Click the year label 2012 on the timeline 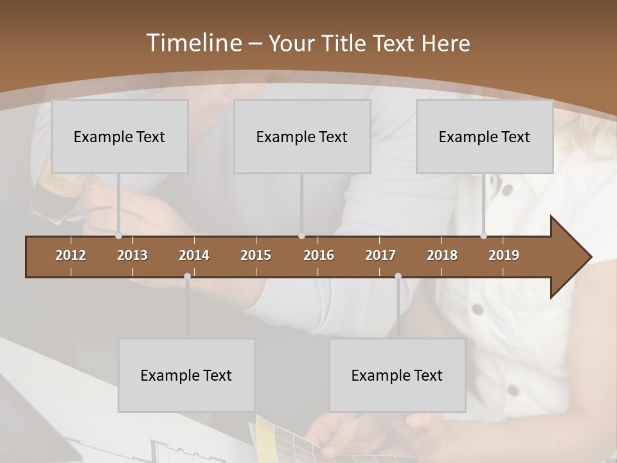click(x=71, y=255)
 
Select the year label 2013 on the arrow click(x=132, y=255)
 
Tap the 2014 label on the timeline click(x=194, y=255)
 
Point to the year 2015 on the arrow click(x=256, y=255)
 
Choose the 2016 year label click(x=319, y=255)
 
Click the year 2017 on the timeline click(x=380, y=255)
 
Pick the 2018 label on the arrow click(x=442, y=255)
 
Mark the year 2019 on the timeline click(x=504, y=255)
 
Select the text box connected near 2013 click(x=120, y=136)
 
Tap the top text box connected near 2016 click(x=302, y=136)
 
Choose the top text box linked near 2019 click(x=485, y=136)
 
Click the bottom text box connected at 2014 click(x=186, y=375)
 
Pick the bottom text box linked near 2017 click(x=397, y=375)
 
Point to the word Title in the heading click(x=347, y=43)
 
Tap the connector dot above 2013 click(x=119, y=236)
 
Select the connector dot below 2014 click(x=187, y=277)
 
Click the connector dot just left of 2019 click(x=483, y=236)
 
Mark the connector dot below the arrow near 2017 click(x=398, y=277)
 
